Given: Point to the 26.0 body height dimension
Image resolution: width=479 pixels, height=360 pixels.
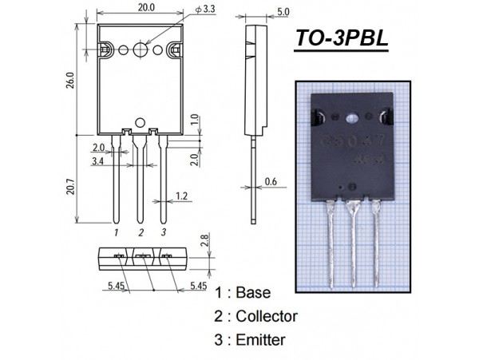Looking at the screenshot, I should (x=70, y=80).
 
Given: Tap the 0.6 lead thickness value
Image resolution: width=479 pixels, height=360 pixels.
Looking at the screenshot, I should (x=270, y=181).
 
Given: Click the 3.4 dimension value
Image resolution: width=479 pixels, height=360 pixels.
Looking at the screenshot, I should (x=97, y=162).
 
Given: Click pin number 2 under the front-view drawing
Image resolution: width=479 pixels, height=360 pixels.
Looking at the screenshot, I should (x=141, y=232).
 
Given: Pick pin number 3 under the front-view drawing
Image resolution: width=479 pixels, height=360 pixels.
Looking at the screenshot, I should (x=164, y=232).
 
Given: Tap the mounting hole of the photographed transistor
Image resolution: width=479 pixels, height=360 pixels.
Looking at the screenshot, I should (x=353, y=121).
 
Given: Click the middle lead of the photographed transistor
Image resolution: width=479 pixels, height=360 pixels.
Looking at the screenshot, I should (x=352, y=239).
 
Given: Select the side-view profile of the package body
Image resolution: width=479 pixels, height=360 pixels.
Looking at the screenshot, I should (x=255, y=80).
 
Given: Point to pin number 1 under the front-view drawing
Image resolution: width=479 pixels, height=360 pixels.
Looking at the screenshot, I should (x=117, y=232).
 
